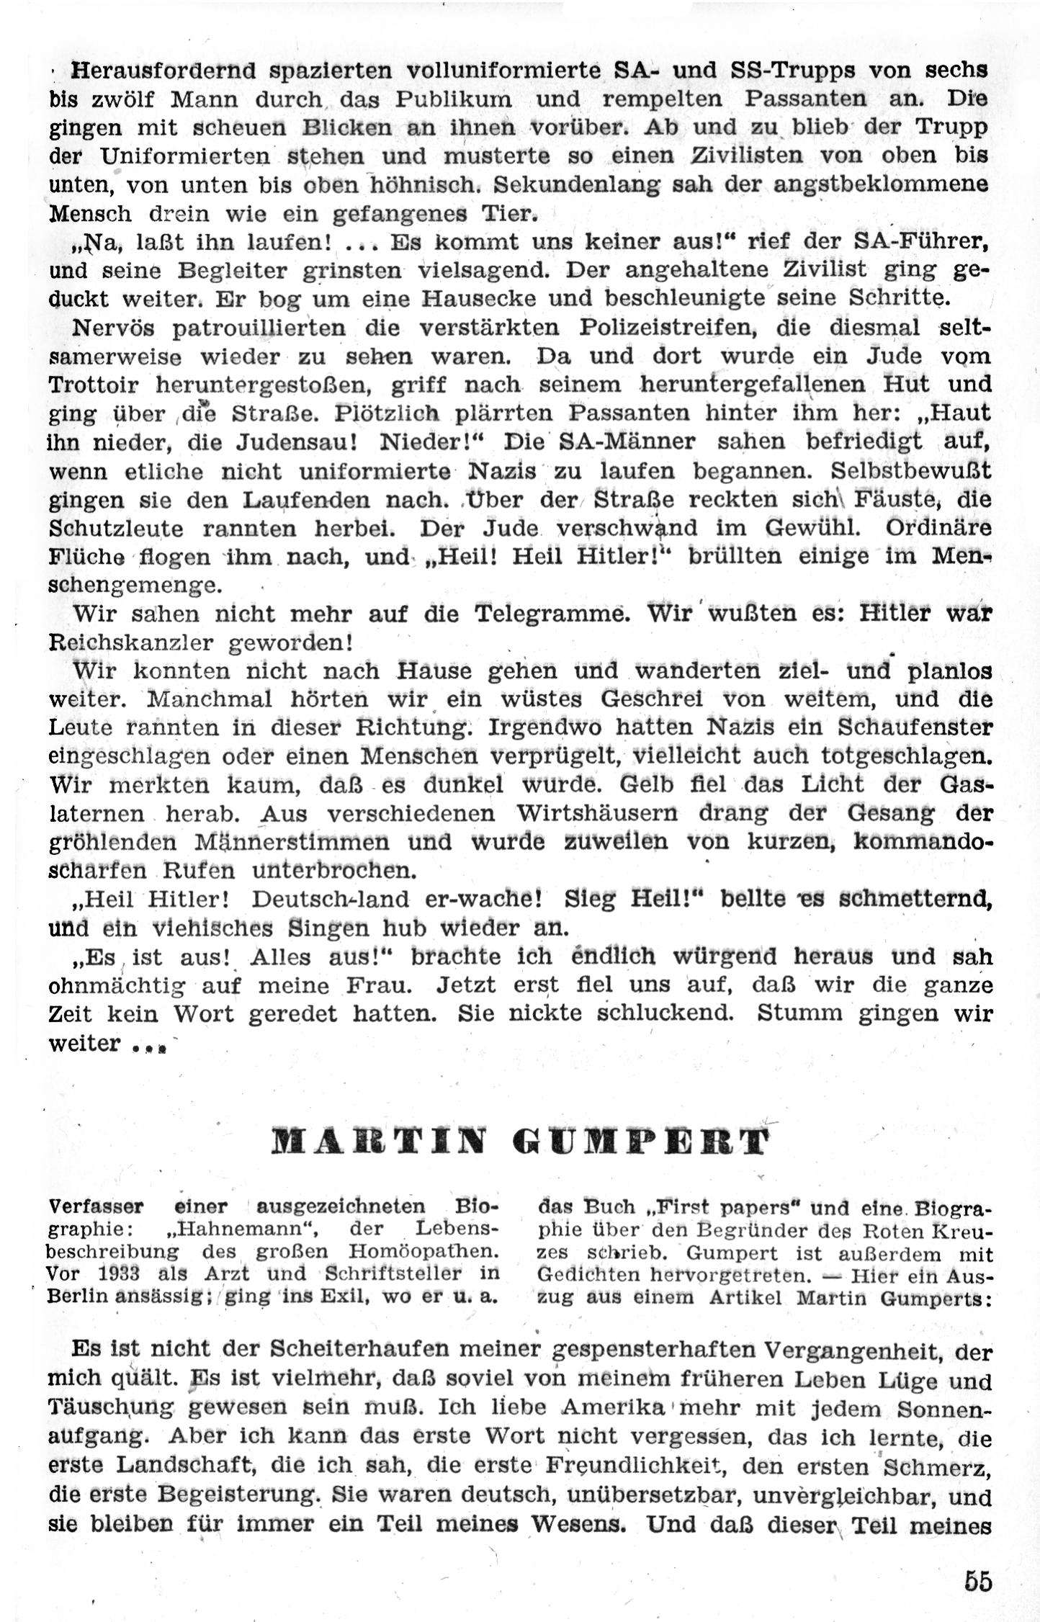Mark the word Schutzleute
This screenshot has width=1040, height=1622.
pyautogui.click(x=116, y=528)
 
